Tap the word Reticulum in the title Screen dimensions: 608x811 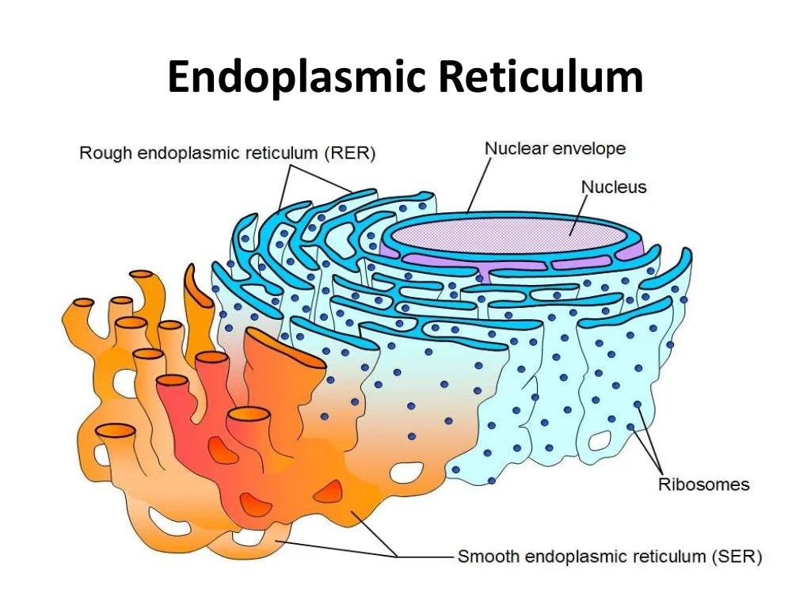(541, 78)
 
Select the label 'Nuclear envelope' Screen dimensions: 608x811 (555, 148)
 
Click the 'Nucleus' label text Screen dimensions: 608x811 (614, 187)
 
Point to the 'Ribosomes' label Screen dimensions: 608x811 (703, 484)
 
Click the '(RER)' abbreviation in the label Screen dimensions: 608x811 (349, 154)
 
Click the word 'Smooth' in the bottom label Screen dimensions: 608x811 (489, 557)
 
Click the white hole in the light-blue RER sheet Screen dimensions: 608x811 (600, 438)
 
